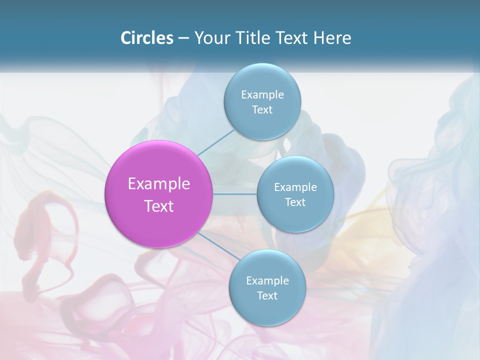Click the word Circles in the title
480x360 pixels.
tap(146, 38)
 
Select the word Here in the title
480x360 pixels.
tap(332, 38)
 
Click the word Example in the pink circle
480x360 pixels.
tap(159, 184)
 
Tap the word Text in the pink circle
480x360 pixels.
tap(159, 206)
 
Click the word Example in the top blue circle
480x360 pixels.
tap(262, 95)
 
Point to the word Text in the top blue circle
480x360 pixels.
tap(262, 110)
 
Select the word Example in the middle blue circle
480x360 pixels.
tap(295, 187)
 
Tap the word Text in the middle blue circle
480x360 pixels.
tap(295, 202)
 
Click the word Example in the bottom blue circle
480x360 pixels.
tap(267, 281)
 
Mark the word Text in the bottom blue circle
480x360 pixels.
tap(267, 296)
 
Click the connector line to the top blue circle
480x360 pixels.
tap(215, 142)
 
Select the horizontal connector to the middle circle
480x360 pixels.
tap(235, 194)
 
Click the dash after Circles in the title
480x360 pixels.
tap(183, 38)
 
